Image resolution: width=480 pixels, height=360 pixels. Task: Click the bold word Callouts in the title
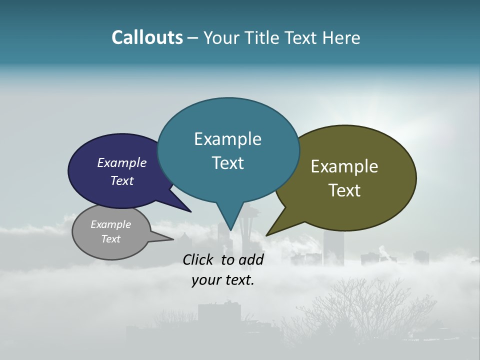(147, 37)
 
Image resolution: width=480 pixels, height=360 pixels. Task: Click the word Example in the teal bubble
(227, 139)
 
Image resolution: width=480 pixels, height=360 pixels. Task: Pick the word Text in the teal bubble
(227, 163)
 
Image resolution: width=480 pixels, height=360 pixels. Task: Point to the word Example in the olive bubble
(344, 166)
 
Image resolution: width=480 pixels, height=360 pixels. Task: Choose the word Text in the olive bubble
(344, 190)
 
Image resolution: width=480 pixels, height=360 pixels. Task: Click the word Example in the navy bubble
(122, 162)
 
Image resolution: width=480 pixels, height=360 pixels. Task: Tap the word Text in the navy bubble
(122, 180)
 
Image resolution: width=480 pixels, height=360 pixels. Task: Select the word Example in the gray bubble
(110, 224)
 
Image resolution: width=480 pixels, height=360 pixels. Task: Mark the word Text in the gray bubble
(110, 239)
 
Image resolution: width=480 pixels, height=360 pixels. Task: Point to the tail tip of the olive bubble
(267, 235)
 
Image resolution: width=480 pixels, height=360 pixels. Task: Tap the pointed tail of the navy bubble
(190, 211)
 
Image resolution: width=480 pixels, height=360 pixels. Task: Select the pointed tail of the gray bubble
(172, 239)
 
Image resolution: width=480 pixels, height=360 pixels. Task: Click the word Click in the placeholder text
(199, 259)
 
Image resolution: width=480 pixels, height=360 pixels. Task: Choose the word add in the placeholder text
(251, 259)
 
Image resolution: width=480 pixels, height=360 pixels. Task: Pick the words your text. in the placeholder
(223, 280)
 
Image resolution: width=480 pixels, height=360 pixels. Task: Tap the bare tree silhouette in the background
(365, 310)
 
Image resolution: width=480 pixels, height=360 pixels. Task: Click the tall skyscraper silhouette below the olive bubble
(333, 247)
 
